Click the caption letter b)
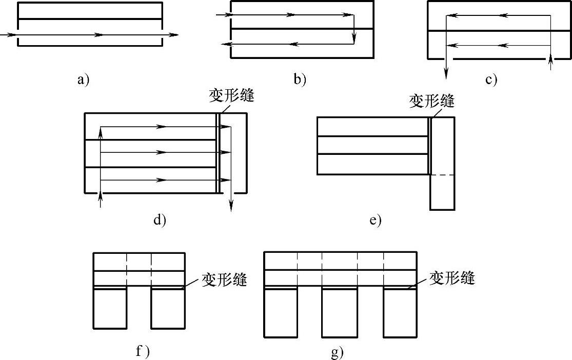(300, 79)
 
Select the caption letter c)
(491, 79)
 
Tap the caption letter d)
(160, 220)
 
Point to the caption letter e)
(375, 221)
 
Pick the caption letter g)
(338, 353)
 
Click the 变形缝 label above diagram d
(232, 96)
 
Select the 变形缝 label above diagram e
(432, 101)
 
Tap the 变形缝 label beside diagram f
(225, 281)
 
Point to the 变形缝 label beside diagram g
(452, 278)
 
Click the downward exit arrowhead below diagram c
(446, 75)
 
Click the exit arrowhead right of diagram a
(174, 35)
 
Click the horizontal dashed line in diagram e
(442, 175)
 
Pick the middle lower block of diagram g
(339, 312)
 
